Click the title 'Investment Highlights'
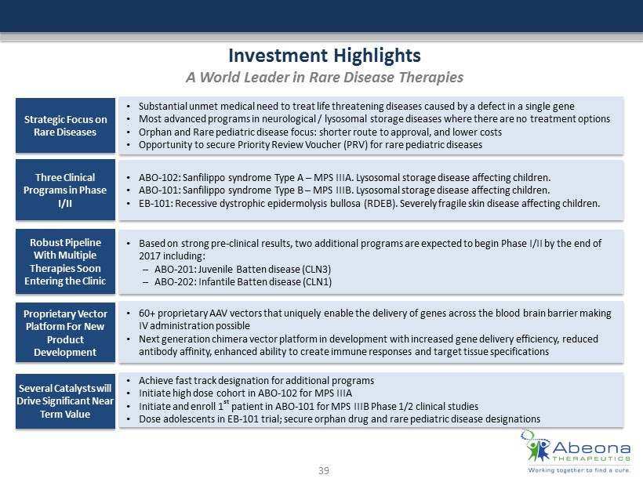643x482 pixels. tap(324, 56)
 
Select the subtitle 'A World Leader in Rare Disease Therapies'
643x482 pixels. tap(324, 78)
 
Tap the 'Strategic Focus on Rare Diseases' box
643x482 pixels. tap(65, 125)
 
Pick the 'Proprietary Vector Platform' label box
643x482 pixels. tap(65, 332)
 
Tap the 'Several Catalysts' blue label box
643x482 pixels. tap(65, 400)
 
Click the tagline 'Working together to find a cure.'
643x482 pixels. tap(579, 469)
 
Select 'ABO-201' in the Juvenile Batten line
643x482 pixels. tap(172, 270)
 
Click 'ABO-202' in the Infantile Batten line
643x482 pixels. tap(172, 282)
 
